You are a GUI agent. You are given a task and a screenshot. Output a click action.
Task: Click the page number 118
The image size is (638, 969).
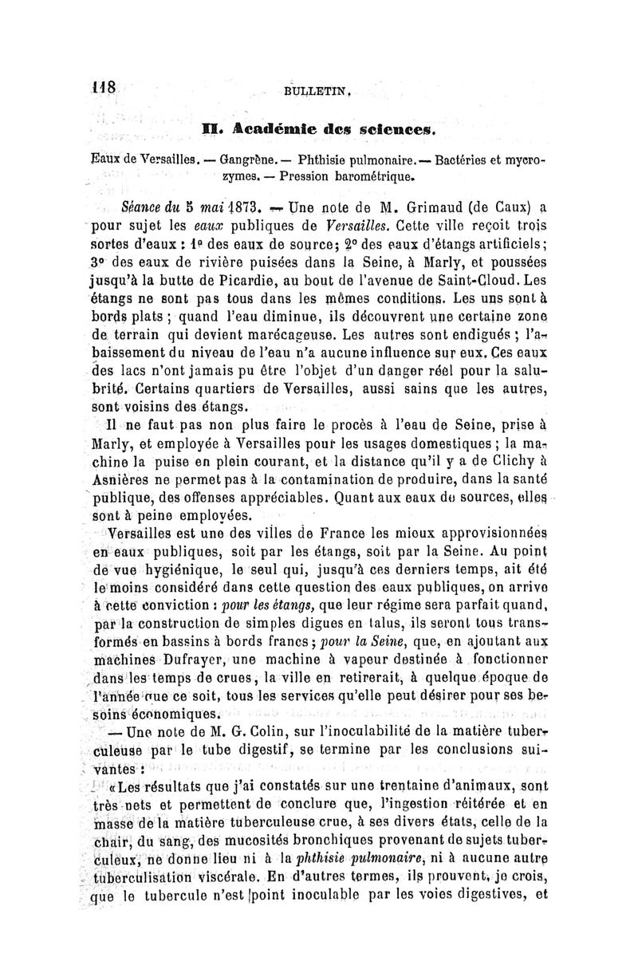pyautogui.click(x=103, y=86)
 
